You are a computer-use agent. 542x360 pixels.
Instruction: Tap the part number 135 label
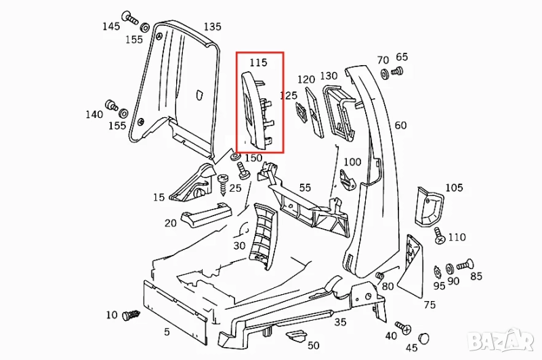212,27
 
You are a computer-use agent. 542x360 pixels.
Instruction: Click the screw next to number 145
128,17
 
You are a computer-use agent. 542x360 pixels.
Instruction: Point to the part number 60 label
400,125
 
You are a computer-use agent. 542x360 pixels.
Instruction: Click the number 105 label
453,187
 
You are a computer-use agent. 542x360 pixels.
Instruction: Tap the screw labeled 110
438,238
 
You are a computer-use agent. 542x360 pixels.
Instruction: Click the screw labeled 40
404,327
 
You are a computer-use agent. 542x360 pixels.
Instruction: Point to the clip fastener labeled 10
131,315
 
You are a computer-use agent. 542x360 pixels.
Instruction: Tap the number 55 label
305,187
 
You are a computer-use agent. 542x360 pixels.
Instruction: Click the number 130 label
329,76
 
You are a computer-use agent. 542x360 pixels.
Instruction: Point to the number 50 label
313,346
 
